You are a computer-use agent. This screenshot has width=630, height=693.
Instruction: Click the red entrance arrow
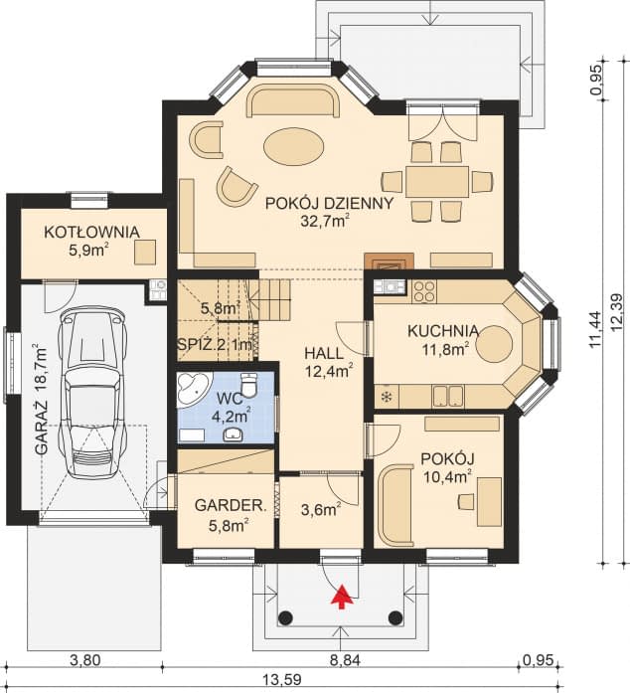[342, 597]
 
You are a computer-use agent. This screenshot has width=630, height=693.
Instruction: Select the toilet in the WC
[249, 385]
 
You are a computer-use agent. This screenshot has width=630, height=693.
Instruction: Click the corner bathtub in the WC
[194, 389]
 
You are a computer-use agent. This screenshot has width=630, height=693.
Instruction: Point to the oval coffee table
[294, 146]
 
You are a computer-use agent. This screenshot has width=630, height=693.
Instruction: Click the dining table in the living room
[437, 181]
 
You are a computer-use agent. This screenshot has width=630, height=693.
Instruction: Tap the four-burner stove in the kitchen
[424, 291]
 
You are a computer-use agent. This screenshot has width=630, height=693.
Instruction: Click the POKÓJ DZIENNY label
[329, 203]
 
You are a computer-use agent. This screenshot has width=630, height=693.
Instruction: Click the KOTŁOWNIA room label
[91, 232]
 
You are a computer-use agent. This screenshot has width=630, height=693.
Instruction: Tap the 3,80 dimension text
[85, 660]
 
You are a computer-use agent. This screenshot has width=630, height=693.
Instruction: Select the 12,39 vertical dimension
[617, 312]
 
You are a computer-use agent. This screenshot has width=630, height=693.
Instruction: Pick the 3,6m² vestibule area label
[321, 510]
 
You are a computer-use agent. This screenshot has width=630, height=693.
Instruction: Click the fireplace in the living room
[389, 261]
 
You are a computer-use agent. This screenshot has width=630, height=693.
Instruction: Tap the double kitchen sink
[448, 396]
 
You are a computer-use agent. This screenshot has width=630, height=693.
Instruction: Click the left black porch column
[286, 617]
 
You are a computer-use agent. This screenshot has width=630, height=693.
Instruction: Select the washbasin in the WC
[233, 434]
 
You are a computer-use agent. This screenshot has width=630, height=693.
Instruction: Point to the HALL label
[324, 353]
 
